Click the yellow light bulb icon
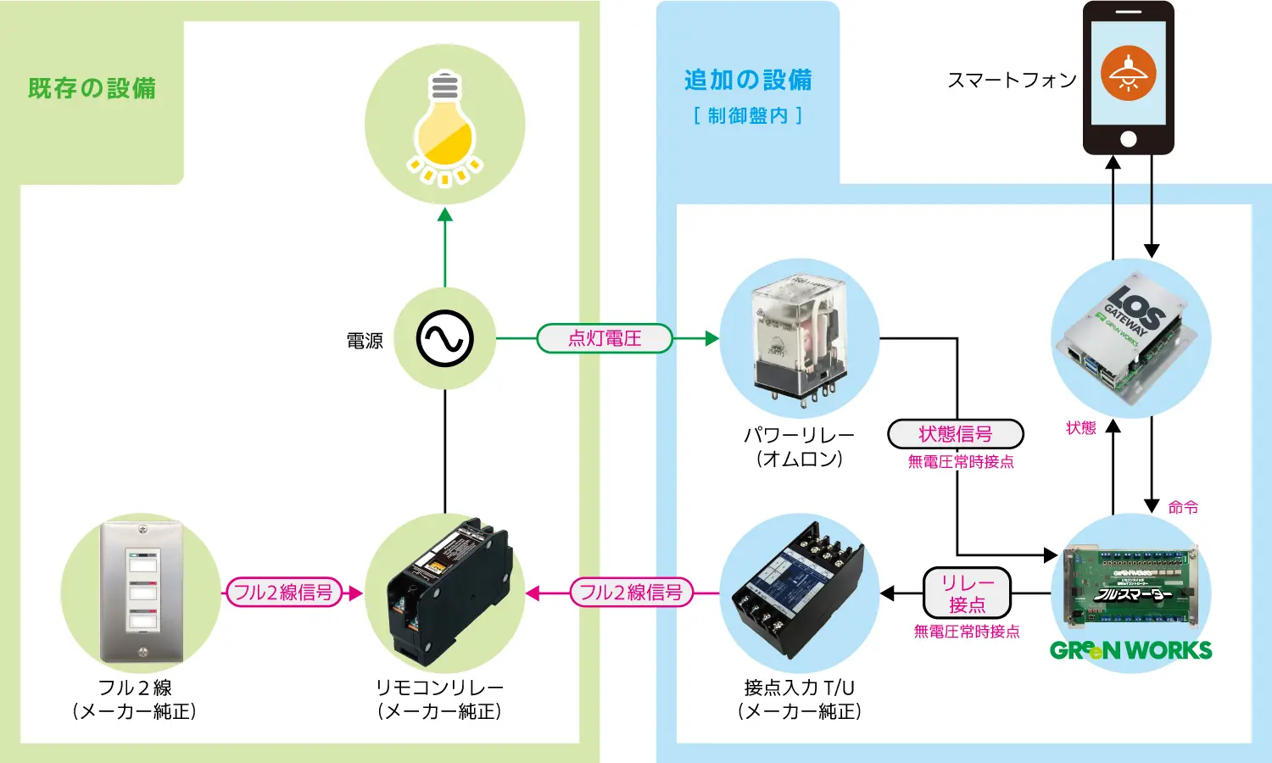pos(444,127)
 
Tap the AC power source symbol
pos(444,339)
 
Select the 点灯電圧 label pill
pos(605,338)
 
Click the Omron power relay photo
pos(799,339)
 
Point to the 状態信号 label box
pos(956,434)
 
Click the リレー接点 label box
pos(967,593)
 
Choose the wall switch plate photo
pos(142,592)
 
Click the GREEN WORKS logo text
pos(1131,651)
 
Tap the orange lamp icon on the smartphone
pos(1128,73)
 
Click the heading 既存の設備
pos(92,88)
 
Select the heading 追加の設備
pos(748,81)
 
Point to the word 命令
pos(1183,507)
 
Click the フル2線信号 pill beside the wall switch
pos(283,593)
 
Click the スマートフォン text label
pos(1012,81)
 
